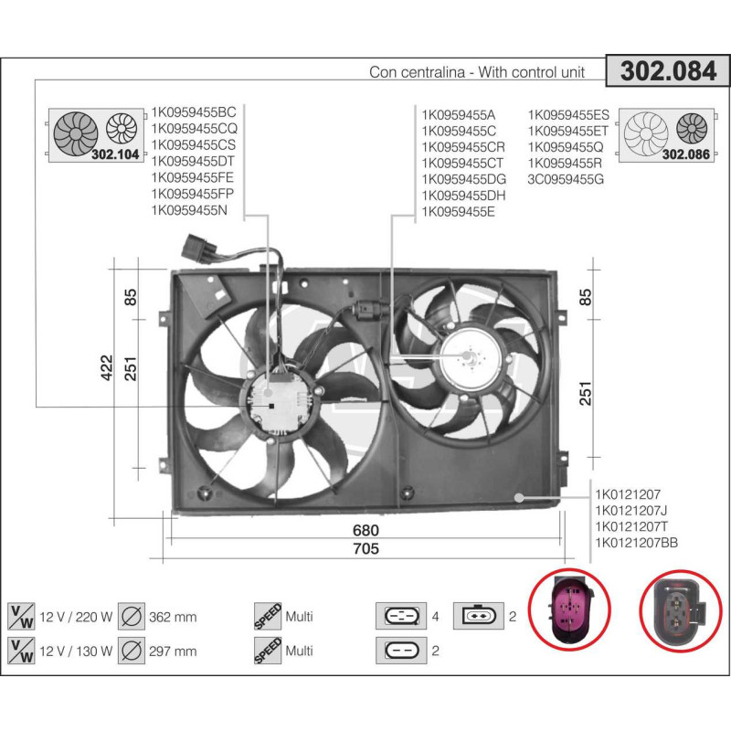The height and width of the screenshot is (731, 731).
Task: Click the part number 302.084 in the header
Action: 669,72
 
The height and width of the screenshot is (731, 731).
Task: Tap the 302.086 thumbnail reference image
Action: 666,135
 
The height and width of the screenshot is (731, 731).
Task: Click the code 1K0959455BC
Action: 194,112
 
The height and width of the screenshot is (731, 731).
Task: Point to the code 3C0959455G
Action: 567,179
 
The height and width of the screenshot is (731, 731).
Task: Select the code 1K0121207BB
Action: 636,543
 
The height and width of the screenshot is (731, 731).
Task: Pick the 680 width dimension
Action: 365,530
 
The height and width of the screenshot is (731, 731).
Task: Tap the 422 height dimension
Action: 107,367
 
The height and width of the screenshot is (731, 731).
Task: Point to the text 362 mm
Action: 172,617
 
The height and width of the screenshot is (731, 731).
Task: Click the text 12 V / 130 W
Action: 77,651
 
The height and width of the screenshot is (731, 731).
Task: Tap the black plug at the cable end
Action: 198,248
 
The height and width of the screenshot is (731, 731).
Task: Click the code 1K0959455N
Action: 188,211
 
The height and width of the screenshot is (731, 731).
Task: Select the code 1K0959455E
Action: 458,211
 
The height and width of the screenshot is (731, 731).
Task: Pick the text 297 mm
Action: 172,651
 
